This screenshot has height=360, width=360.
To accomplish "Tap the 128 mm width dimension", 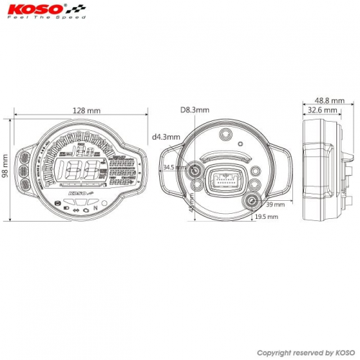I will [87, 111].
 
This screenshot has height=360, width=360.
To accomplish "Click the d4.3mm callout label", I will [166, 136].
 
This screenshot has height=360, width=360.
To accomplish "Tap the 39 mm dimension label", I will [276, 204].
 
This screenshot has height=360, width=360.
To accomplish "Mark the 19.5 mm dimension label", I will [266, 216].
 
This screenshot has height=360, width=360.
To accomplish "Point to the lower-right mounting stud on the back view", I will [254, 202].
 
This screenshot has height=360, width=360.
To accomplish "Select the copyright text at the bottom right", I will [305, 353].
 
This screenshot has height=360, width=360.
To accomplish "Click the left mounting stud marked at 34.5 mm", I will [195, 171].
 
